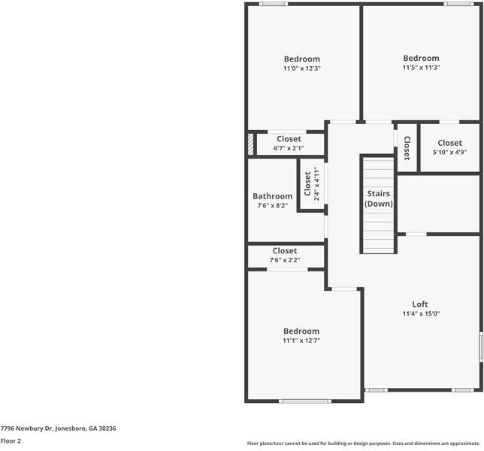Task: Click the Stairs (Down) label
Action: pyautogui.click(x=378, y=198)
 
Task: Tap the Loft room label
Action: pyautogui.click(x=420, y=304)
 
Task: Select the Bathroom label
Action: pyautogui.click(x=272, y=196)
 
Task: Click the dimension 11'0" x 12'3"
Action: pyautogui.click(x=301, y=68)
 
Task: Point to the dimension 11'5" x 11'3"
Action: pyautogui.click(x=421, y=68)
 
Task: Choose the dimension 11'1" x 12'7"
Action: pyautogui.click(x=301, y=341)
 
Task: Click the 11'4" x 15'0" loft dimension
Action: pyautogui.click(x=420, y=313)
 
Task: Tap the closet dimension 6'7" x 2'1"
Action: pyautogui.click(x=289, y=148)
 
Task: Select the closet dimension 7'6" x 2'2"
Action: pyautogui.click(x=285, y=260)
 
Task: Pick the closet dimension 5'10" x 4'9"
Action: pyautogui.click(x=449, y=152)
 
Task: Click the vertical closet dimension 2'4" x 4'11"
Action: pyautogui.click(x=316, y=185)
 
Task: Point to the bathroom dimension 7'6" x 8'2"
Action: pyautogui.click(x=272, y=205)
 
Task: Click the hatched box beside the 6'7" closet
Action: pyautogui.click(x=251, y=144)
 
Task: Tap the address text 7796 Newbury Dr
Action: pyautogui.click(x=58, y=428)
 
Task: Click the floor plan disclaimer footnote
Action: pyautogui.click(x=363, y=443)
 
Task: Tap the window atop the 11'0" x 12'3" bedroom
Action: pyautogui.click(x=273, y=4)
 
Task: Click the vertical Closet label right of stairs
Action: pyautogui.click(x=407, y=147)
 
